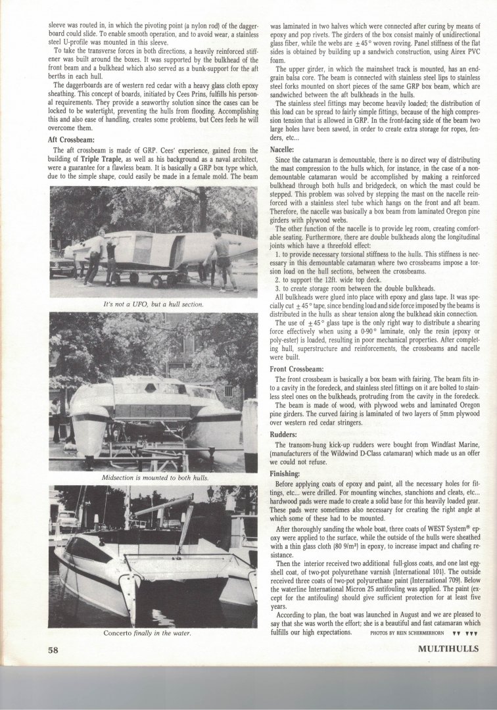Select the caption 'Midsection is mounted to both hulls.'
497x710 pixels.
click(x=152, y=477)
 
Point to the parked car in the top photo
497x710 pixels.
click(x=62, y=266)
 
